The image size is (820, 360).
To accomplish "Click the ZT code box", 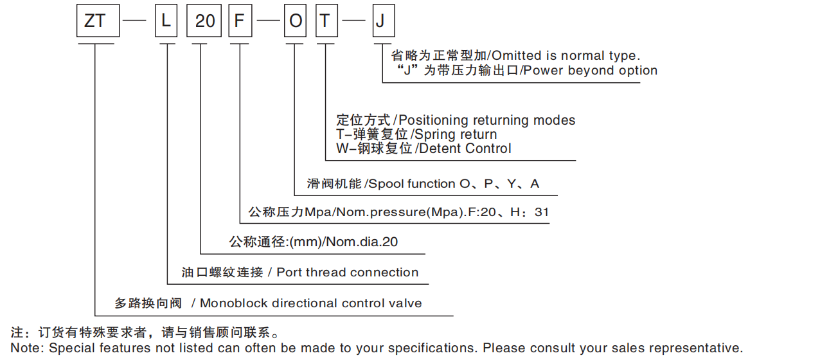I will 96,21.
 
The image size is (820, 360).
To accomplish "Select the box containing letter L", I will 166,21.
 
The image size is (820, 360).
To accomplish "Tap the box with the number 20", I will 204,21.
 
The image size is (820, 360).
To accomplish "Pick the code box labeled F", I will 239,21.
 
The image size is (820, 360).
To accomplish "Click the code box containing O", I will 295,21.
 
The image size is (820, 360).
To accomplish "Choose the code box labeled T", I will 326,21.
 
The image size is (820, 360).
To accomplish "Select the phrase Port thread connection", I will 347,273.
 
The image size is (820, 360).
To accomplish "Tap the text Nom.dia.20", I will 364,242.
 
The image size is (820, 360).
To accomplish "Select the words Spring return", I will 457,134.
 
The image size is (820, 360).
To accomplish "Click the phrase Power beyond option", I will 591,71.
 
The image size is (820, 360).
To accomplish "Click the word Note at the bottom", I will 23,348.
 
